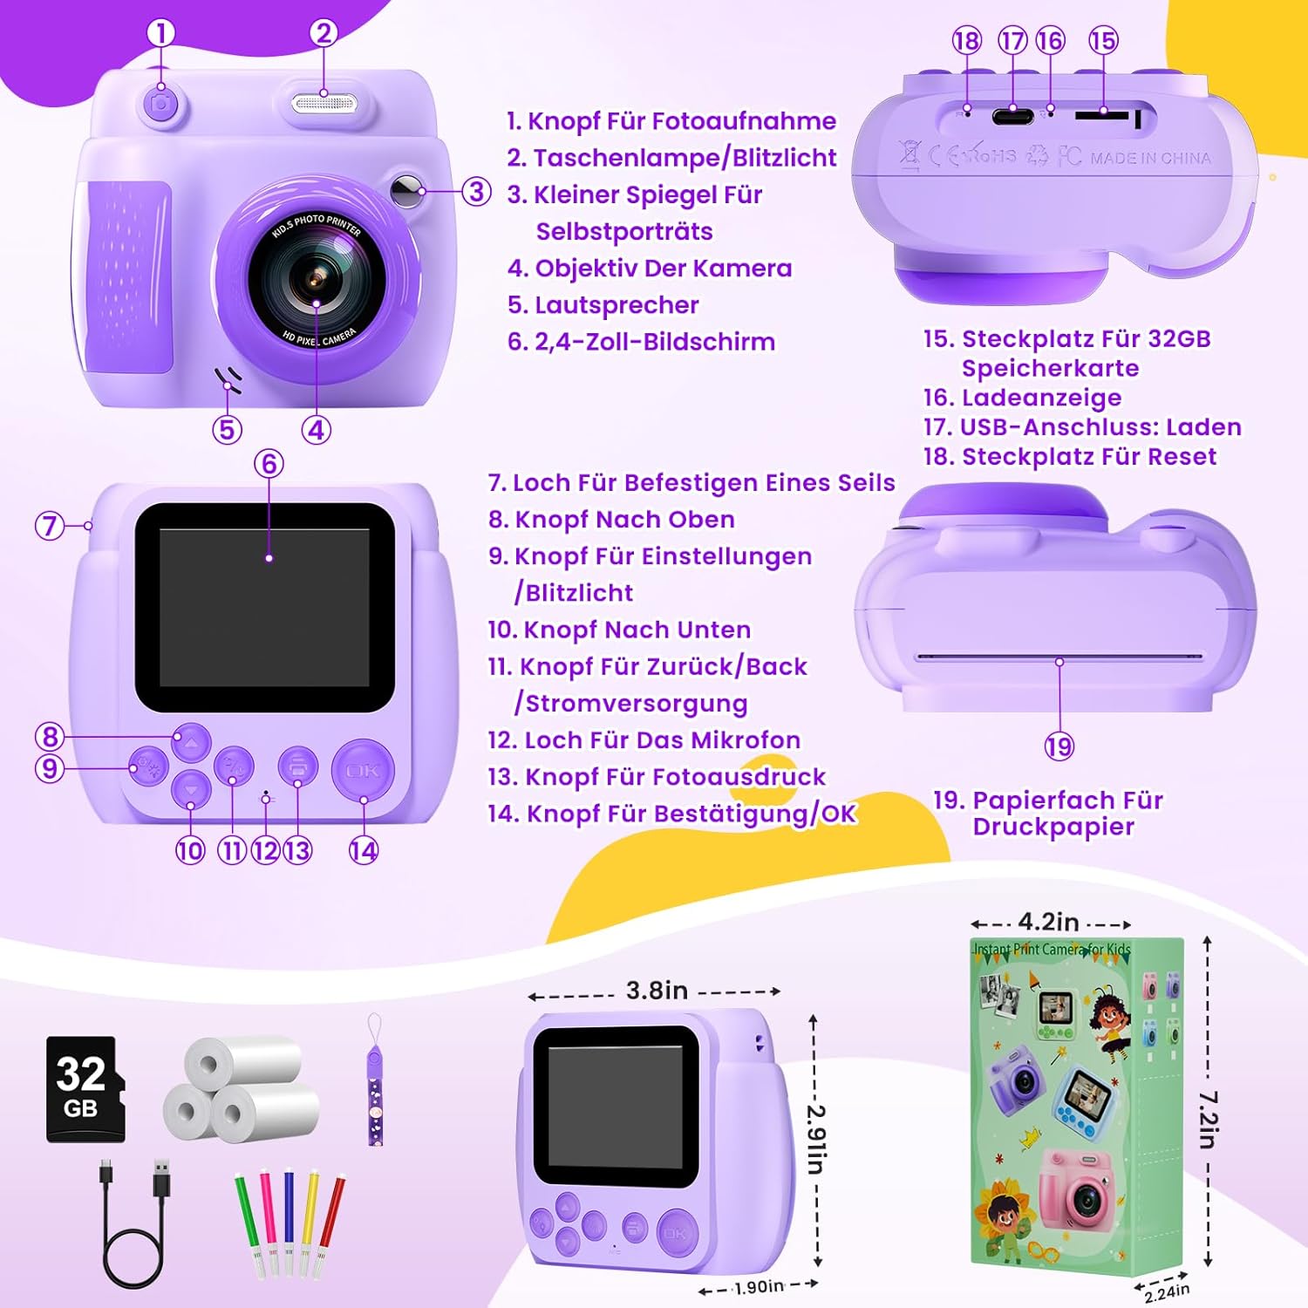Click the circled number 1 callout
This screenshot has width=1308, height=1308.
[x=160, y=33]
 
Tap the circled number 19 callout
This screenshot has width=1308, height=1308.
[x=1059, y=746]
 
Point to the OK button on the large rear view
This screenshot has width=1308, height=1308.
[x=363, y=771]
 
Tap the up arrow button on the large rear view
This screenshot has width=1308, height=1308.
[x=191, y=743]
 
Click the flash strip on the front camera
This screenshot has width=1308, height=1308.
[x=324, y=104]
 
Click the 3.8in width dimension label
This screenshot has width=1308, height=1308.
[x=657, y=991]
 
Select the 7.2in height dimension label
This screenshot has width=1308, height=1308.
[x=1208, y=1120]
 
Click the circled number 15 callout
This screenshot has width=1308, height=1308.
[x=1103, y=40]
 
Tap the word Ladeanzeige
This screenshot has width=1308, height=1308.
[x=1041, y=398]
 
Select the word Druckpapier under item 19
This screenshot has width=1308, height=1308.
[x=1053, y=827]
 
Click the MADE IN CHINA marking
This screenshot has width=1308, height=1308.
[x=1150, y=158]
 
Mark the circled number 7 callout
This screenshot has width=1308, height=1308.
[x=50, y=525]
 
